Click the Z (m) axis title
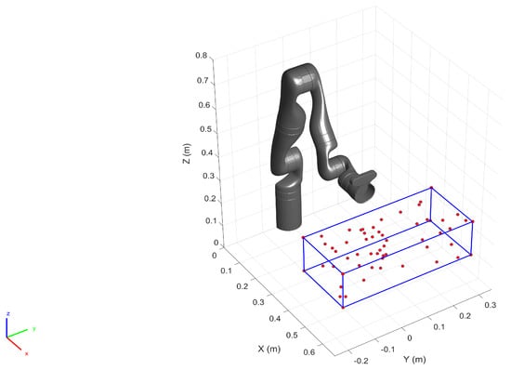coord(188,153)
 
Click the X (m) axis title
coord(269,349)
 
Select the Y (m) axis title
coord(414,359)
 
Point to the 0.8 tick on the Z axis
coord(202,56)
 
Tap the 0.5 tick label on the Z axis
coord(205,129)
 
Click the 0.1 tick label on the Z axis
coord(211,221)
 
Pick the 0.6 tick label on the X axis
coord(309,352)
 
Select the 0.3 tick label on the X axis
coord(258,302)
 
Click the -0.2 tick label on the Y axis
coord(361,361)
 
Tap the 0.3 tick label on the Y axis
coord(491,305)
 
